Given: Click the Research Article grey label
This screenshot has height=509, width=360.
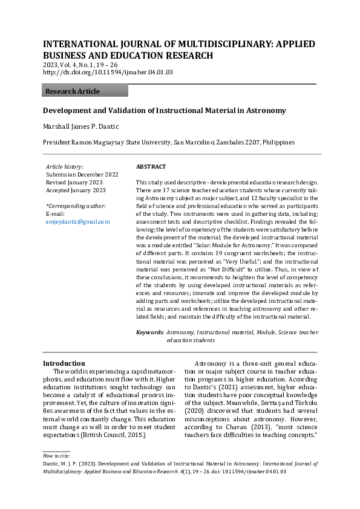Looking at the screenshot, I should pos(73,91).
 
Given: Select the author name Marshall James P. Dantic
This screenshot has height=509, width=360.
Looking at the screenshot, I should pos(80,126).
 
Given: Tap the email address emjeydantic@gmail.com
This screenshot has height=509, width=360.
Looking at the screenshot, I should pos(77,222).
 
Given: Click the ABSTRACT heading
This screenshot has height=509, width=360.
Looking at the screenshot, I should pos(151,166).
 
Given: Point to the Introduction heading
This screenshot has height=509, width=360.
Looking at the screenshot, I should pos(64,363).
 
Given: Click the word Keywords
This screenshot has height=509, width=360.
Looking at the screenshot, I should pos(149,332).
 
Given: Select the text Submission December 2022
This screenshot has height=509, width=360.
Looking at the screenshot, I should pos(82,174).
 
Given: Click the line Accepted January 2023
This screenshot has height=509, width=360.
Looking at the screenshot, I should pos(76,190).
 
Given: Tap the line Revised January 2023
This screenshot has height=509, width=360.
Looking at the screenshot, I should pos(74,182).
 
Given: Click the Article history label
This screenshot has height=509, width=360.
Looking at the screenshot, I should pos(65,166).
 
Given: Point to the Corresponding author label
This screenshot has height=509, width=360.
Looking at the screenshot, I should pos(76,206).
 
